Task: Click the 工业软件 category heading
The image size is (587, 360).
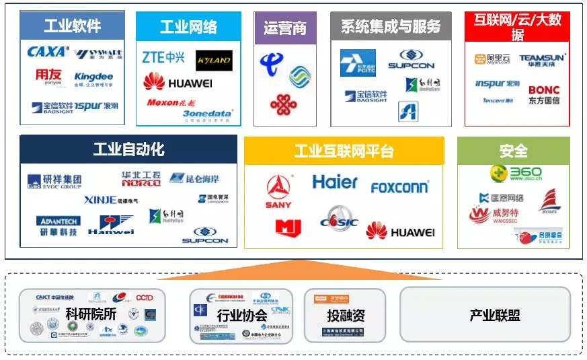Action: [x=72, y=26]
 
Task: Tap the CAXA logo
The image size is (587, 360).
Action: [x=47, y=51]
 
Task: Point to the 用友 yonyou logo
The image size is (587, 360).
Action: [x=48, y=78]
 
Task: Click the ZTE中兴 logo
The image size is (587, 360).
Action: [x=163, y=58]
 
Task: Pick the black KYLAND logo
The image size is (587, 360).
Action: [x=214, y=61]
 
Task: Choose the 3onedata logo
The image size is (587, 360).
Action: [x=207, y=115]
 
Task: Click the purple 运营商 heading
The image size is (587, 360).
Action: [x=284, y=28]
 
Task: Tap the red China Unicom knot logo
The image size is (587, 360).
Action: [x=283, y=104]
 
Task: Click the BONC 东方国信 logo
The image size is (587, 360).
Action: [x=543, y=95]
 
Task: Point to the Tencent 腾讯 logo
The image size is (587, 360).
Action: [x=498, y=101]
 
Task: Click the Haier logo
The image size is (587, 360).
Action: [x=335, y=182]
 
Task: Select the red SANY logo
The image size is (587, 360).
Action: [x=278, y=191]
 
